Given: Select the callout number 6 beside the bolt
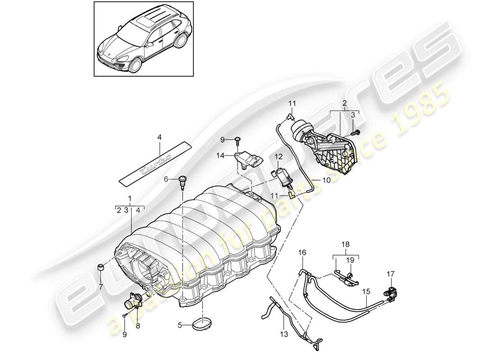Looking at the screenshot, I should click(x=165, y=179).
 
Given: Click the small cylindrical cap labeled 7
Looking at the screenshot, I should click(x=102, y=269).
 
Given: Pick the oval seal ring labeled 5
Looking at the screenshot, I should click(x=202, y=324).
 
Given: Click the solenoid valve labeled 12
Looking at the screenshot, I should click(x=281, y=176).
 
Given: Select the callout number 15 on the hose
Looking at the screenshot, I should click(x=367, y=291).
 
